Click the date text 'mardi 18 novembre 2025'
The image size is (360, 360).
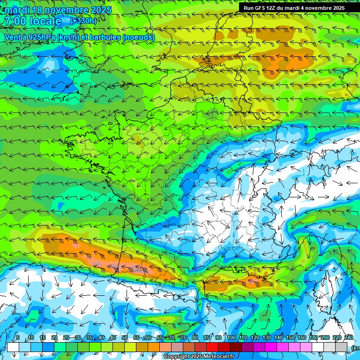click(58, 10)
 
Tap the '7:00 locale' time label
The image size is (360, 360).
click(32, 21)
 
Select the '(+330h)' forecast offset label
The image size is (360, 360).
click(83, 21)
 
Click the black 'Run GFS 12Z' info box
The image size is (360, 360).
click(294, 8)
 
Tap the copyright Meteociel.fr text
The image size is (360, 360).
click(199, 357)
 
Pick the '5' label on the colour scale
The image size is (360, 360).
click(18, 338)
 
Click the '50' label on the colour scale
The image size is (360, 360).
click(125, 338)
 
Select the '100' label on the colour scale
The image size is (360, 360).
click(231, 338)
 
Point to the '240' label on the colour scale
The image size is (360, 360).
click(348, 338)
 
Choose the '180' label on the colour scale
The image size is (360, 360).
click(313, 338)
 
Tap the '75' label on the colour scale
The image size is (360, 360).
click(183, 338)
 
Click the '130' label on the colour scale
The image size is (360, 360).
click(266, 338)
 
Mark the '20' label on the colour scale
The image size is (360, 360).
click(54, 338)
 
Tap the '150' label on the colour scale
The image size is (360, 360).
click(290, 338)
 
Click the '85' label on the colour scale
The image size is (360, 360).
click(207, 338)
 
